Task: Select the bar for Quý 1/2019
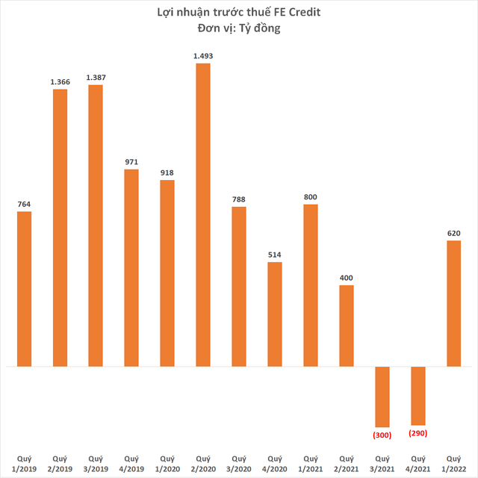24,289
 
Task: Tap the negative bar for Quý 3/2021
382,397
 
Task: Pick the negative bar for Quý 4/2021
418,396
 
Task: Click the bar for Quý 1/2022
453,303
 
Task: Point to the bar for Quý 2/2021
346,326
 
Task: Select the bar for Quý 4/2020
274,314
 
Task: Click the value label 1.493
202,55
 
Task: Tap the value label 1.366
60,81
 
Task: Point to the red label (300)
382,434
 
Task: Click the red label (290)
418,432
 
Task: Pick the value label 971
131,161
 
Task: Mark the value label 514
274,255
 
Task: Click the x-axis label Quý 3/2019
96,463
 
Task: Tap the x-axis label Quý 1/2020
167,463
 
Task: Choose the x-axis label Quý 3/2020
238,463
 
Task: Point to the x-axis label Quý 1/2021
310,463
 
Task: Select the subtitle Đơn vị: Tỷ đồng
239,29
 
